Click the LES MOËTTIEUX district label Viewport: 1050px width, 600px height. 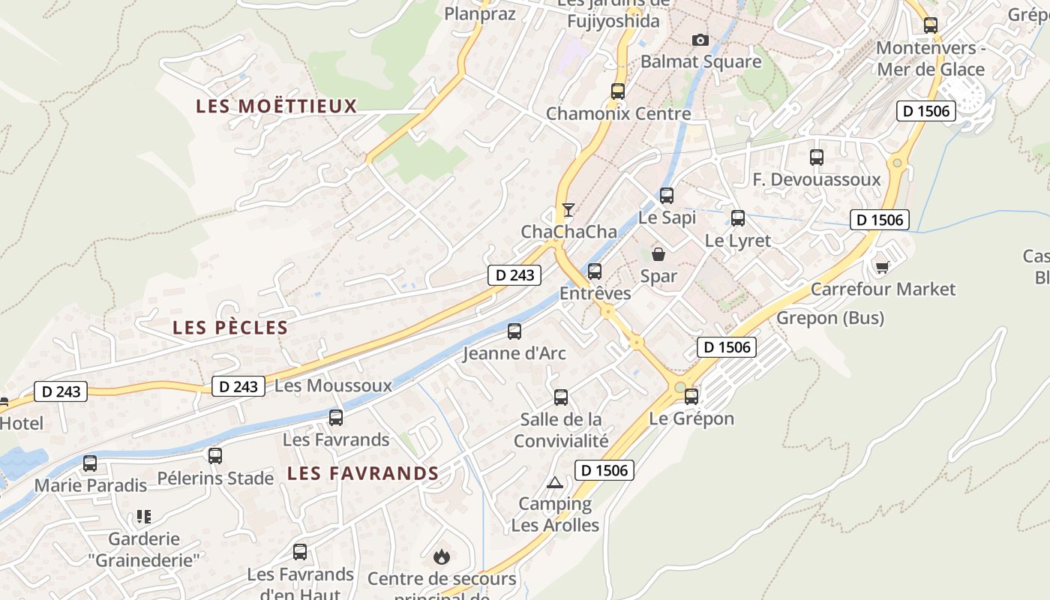(276, 106)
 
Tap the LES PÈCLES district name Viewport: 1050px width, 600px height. (230, 328)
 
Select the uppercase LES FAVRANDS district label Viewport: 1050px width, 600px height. (363, 473)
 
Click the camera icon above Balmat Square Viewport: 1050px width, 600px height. (700, 40)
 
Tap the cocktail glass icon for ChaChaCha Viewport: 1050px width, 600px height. (568, 209)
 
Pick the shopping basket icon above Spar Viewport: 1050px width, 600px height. (658, 254)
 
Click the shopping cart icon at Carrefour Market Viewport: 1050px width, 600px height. (883, 267)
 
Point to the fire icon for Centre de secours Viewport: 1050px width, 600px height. (442, 556)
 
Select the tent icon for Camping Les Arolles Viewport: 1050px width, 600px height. (555, 482)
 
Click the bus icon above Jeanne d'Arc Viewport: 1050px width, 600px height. (514, 331)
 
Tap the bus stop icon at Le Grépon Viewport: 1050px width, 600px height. (691, 396)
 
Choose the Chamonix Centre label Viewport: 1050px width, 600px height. (618, 114)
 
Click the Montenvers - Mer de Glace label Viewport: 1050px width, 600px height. (930, 58)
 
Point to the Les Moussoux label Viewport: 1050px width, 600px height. (333, 385)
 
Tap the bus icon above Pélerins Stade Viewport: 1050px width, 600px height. (215, 455)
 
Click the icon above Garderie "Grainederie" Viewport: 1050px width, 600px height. (144, 517)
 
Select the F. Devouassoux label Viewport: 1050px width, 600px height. (816, 180)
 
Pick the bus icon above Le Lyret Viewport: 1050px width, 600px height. (738, 218)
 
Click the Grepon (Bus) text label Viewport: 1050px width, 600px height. (829, 318)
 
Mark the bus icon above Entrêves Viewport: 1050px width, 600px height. (595, 271)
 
